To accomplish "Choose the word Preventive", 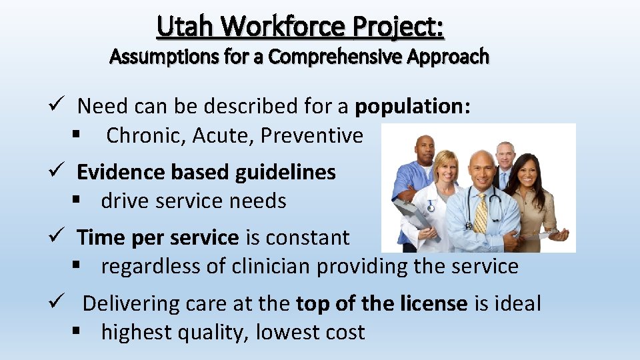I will tap(312, 135).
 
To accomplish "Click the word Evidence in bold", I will tap(121, 172).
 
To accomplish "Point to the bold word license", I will tap(434, 303).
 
